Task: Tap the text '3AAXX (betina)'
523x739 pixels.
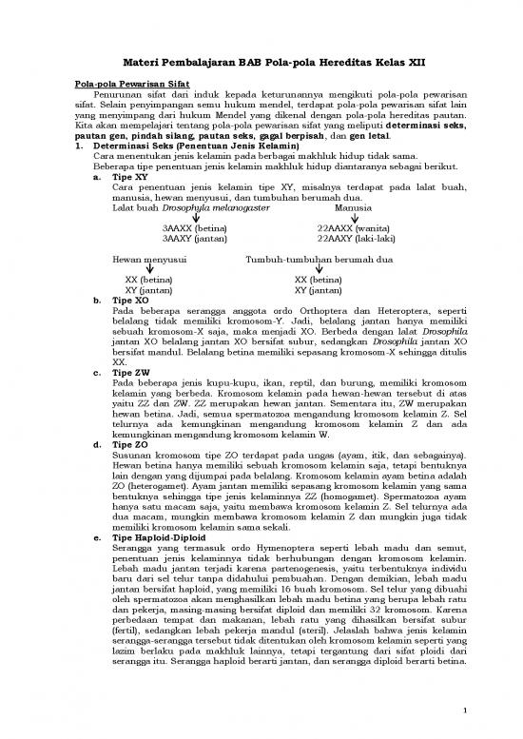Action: click(x=194, y=229)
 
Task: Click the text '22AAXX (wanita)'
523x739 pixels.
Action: click(x=353, y=229)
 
